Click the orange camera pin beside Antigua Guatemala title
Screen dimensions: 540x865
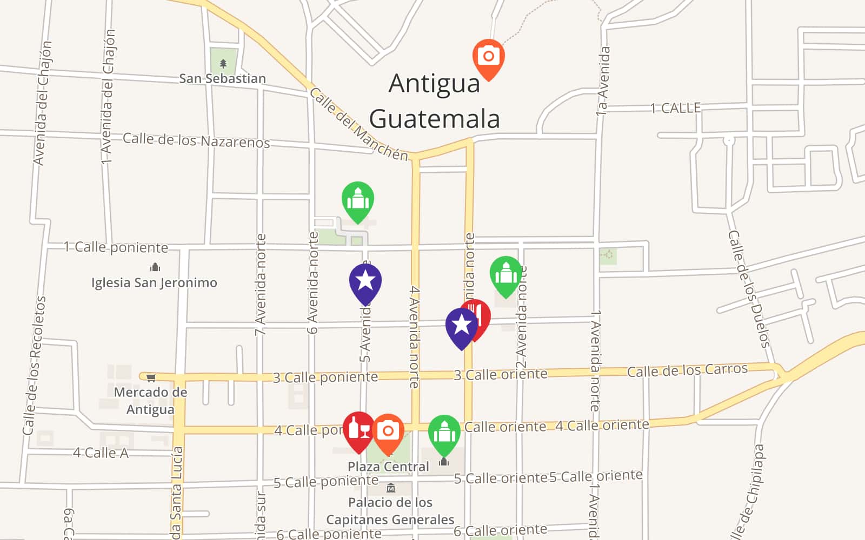488,57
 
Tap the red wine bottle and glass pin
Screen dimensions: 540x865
358,430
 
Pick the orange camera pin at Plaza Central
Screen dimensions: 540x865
388,431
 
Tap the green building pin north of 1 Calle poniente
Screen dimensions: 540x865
358,200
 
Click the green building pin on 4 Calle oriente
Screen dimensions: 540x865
444,433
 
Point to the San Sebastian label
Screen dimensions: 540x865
222,79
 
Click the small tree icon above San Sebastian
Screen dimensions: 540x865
223,64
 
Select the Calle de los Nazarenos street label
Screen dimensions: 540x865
196,140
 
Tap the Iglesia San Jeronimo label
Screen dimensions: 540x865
154,283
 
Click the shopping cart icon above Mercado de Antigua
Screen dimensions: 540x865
151,377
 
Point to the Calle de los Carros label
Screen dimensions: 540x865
687,370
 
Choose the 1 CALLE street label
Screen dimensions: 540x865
675,109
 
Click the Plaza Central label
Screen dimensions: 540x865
388,467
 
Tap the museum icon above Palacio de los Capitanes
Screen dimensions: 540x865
391,488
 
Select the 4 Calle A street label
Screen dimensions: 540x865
101,453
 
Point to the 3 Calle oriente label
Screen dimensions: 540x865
501,375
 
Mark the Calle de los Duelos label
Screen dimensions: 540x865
748,289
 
